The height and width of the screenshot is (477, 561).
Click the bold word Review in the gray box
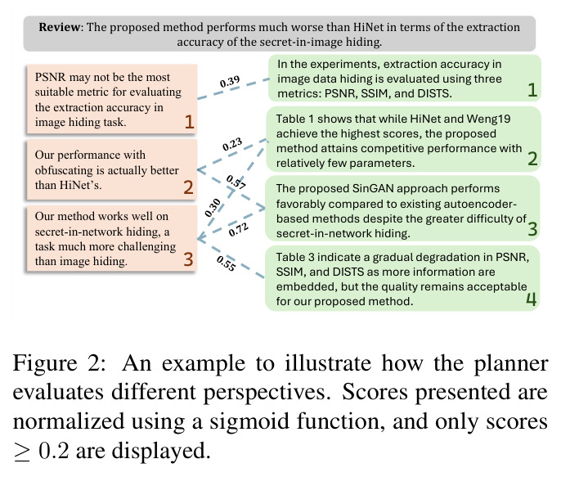[60, 27]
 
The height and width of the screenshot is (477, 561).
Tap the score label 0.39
[230, 82]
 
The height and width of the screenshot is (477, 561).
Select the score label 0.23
[232, 144]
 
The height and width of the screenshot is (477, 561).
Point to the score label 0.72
[238, 229]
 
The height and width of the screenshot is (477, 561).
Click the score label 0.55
[226, 263]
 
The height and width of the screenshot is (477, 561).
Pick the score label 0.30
[213, 208]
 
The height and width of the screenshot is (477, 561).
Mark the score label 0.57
[236, 182]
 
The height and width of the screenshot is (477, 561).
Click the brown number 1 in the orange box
[189, 122]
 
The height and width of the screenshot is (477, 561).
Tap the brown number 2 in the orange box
[189, 187]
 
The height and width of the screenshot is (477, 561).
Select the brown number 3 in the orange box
[189, 259]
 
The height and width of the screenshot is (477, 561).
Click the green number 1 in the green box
[532, 89]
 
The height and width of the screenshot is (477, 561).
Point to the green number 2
[532, 159]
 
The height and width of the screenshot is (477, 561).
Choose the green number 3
[532, 228]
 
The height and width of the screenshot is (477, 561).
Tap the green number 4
[532, 299]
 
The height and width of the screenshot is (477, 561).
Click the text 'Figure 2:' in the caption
[59, 363]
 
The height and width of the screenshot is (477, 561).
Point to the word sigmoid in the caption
[249, 421]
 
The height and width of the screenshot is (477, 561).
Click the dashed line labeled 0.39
[233, 88]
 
